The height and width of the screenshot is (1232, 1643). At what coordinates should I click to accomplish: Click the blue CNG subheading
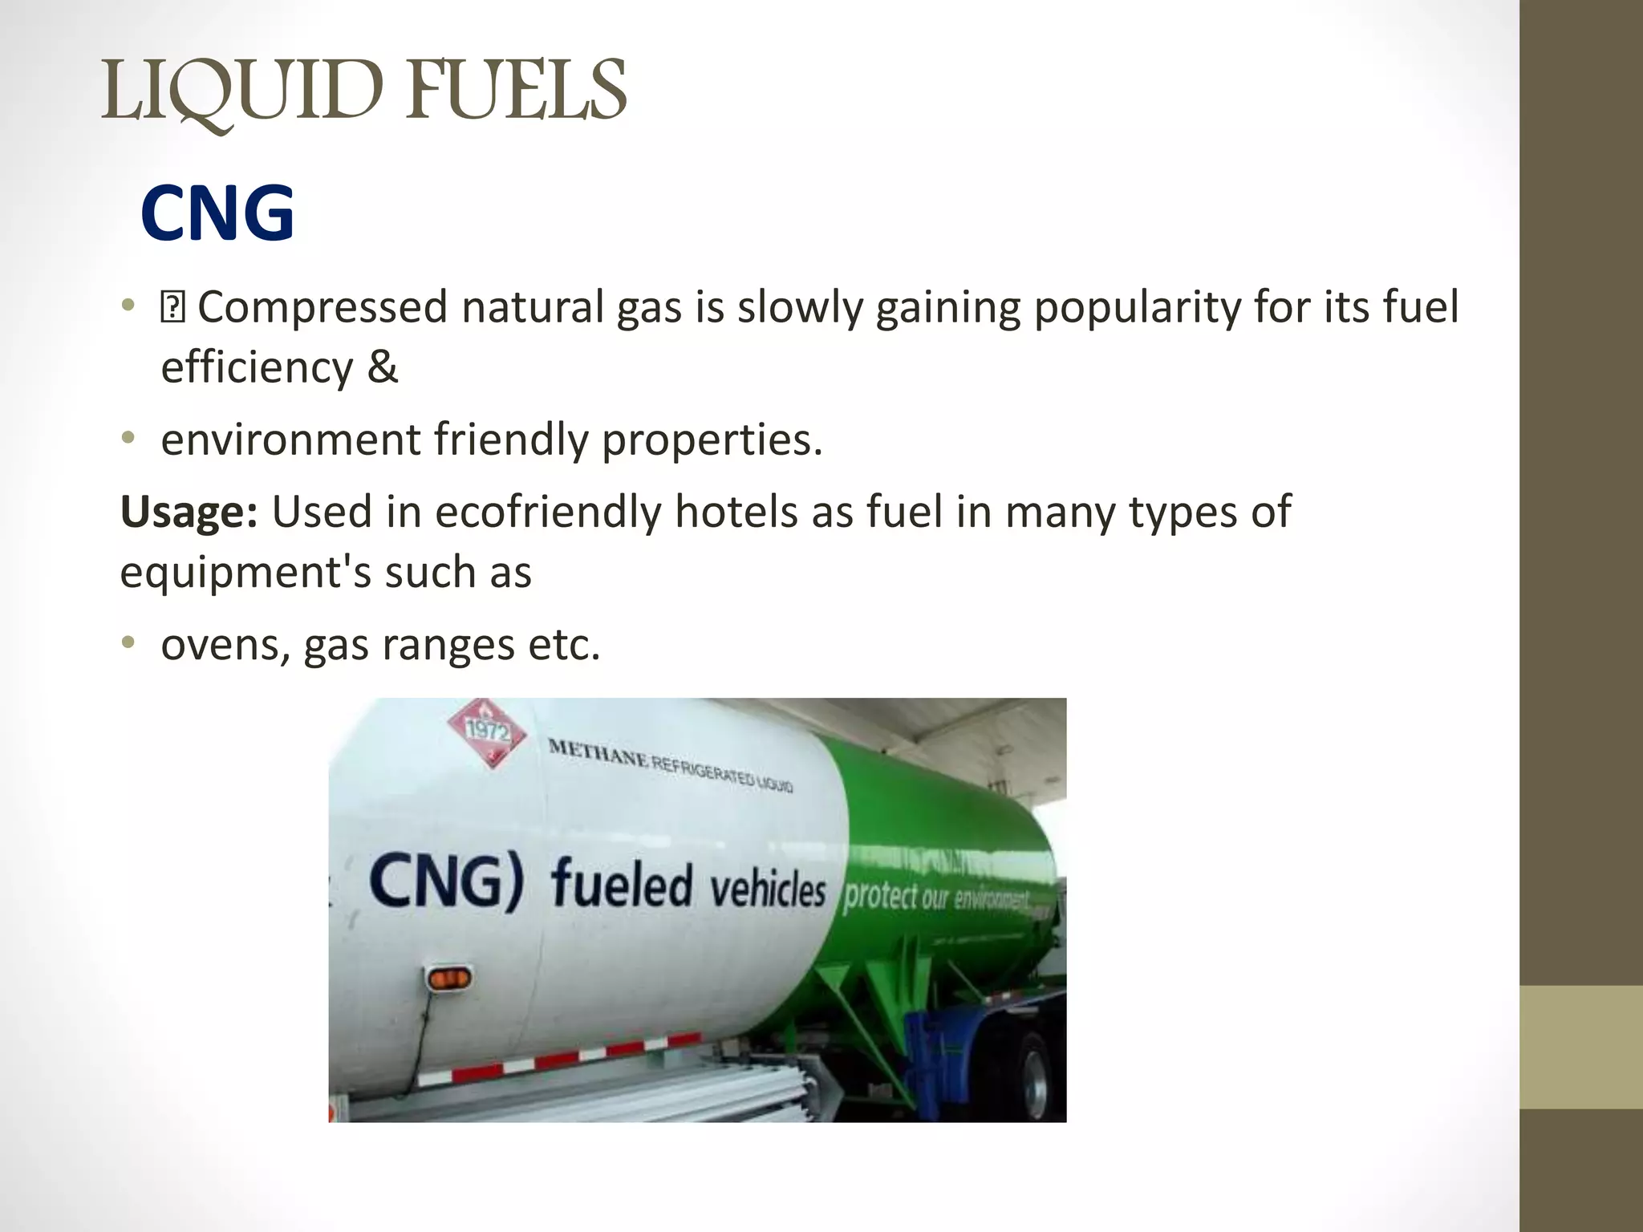coord(217,213)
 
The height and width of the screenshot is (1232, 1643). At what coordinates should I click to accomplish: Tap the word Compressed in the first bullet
coord(322,307)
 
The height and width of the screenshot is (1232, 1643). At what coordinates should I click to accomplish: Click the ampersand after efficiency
coord(383,367)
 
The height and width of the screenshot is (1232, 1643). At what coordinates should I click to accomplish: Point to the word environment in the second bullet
coord(290,440)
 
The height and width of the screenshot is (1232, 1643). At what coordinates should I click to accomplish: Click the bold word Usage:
coord(189,512)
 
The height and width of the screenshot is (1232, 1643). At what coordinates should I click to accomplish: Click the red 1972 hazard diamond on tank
coord(486,731)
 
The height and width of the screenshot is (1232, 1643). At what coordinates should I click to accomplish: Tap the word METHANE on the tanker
coord(598,753)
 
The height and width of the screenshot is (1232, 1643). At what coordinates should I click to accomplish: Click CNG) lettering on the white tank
coord(446,881)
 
